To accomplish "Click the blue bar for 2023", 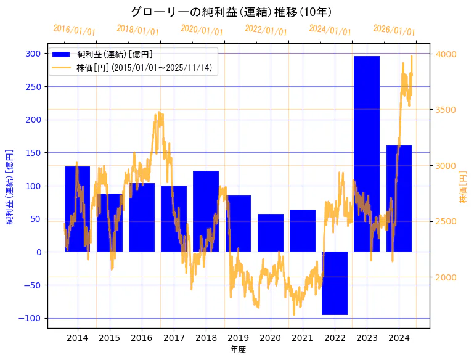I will [x=367, y=154].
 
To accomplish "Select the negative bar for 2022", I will [x=335, y=284].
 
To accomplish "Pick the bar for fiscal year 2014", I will [x=78, y=209].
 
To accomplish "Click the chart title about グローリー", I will [x=232, y=12].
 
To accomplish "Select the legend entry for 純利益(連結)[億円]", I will [x=115, y=55].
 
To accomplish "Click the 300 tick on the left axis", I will [x=33, y=54].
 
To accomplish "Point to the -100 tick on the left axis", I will [x=31, y=318].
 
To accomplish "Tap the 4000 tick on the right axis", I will [x=446, y=54].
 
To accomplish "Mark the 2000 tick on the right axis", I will [x=446, y=277].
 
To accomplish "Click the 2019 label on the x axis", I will [x=238, y=338].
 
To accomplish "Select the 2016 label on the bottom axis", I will [x=142, y=338].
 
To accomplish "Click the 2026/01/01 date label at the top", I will [x=394, y=31].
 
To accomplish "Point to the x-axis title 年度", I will [x=238, y=350].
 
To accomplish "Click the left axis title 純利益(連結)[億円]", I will [x=10, y=186].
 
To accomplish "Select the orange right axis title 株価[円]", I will [x=464, y=186].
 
